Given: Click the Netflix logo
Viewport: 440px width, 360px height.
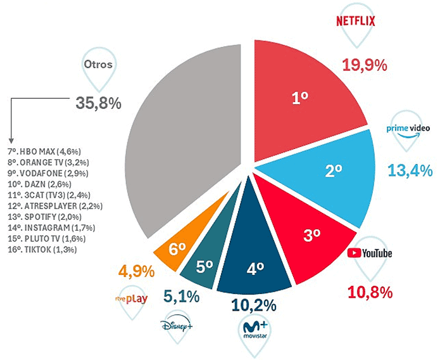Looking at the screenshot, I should coord(355,21).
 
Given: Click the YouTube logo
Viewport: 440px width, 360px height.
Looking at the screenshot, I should coord(370,254).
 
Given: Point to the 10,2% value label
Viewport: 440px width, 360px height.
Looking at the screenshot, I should coord(254,305).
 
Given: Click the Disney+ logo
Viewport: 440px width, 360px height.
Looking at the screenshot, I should coord(175,325).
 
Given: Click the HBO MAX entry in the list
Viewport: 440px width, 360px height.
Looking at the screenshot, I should coord(48,152).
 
